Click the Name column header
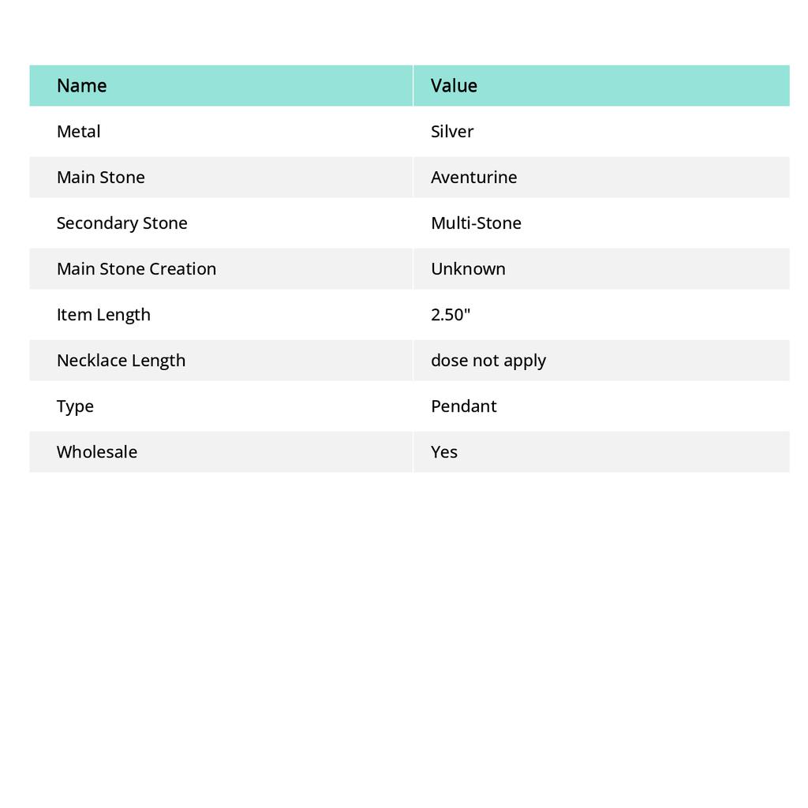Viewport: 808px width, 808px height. tap(81, 85)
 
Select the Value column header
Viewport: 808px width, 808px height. tap(454, 85)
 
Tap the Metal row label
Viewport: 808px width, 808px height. tap(78, 131)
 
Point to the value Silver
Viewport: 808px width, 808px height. tap(452, 131)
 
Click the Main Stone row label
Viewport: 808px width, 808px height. tap(100, 177)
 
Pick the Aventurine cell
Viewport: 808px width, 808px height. tap(473, 177)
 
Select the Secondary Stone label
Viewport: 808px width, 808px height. tap(122, 223)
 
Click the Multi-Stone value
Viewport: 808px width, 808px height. tap(476, 223)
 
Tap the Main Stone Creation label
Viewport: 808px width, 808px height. tap(136, 268)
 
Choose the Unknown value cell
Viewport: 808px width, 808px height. tap(468, 268)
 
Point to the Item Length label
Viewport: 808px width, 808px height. tap(103, 314)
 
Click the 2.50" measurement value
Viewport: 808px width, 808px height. tap(451, 314)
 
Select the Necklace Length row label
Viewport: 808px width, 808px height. tap(121, 360)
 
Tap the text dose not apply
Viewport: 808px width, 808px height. tap(488, 360)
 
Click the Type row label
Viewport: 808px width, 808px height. tap(75, 406)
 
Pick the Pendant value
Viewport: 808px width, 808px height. tap(463, 406)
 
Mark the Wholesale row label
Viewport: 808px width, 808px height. tap(96, 451)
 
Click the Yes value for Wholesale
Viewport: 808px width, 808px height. tap(444, 451)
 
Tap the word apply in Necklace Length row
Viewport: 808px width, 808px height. tap(525, 361)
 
